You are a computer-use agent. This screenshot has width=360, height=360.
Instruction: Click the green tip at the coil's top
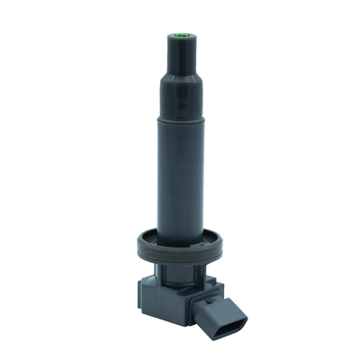point(179,37)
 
